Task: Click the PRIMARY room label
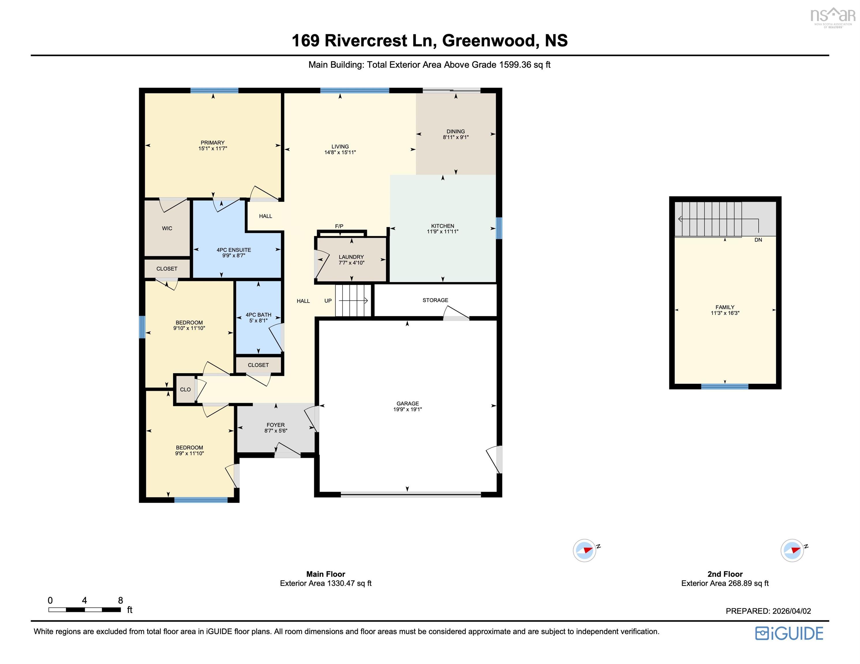(212, 142)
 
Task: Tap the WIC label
(167, 228)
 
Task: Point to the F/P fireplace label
(339, 226)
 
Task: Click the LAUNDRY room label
(351, 257)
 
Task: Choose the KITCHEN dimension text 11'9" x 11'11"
(443, 232)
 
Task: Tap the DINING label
(456, 131)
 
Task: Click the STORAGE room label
(435, 300)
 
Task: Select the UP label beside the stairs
(328, 301)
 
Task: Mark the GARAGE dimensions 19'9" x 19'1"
(408, 410)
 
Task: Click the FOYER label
(276, 425)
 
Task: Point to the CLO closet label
(185, 389)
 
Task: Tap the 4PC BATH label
(258, 315)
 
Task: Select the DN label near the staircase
(758, 240)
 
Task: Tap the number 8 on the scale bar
(121, 600)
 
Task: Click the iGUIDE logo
(789, 633)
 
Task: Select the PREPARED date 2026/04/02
(792, 611)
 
